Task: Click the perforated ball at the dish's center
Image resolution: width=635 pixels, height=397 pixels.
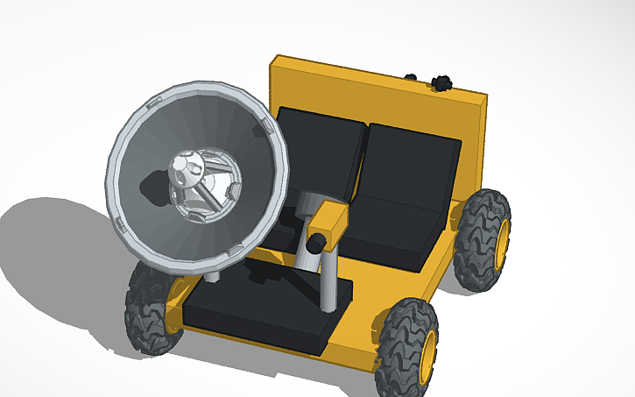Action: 186,168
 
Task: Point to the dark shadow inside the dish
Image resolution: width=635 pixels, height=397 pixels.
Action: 149,188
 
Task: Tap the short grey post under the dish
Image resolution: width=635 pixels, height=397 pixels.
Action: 212,275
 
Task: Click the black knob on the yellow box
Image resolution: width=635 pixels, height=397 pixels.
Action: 319,240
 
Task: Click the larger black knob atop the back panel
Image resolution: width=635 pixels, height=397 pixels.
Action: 441,82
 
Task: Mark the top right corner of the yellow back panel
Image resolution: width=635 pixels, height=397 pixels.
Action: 485,93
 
